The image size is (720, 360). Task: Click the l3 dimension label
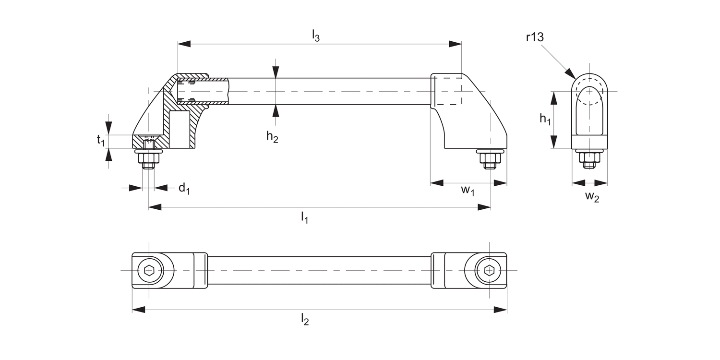click(x=315, y=36)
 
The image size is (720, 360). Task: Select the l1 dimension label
click(x=304, y=218)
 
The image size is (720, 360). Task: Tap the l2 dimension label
click(x=305, y=319)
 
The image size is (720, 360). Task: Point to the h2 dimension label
click(x=272, y=137)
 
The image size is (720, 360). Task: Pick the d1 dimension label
click(x=184, y=188)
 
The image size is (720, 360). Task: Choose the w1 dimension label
click(x=468, y=190)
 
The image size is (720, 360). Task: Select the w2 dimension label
click(x=592, y=196)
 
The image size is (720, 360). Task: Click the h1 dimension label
click(x=545, y=119)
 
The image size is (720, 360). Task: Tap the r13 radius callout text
click(x=534, y=37)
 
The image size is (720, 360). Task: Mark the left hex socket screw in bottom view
click(x=149, y=270)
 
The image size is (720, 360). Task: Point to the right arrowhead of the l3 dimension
click(x=456, y=44)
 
